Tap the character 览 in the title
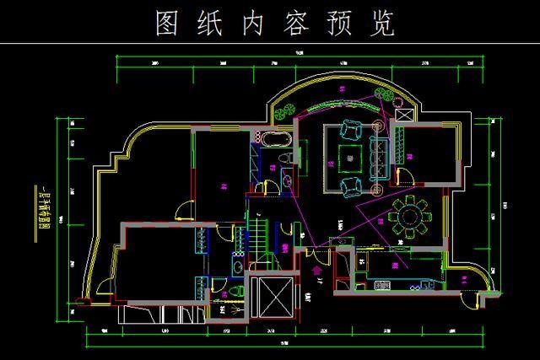(384, 24)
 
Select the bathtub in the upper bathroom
(274, 138)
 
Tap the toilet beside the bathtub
(287, 158)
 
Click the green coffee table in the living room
(349, 154)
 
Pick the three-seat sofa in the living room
(380, 153)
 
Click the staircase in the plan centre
(256, 237)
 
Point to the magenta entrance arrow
(317, 270)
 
